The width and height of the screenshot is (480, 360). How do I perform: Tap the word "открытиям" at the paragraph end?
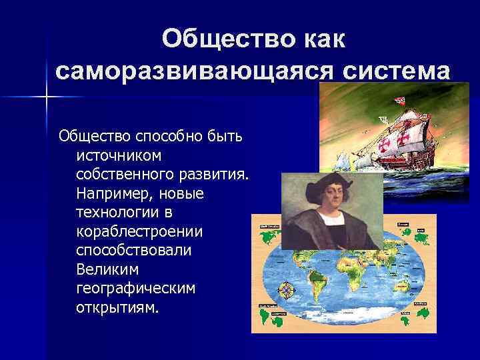pos(118,309)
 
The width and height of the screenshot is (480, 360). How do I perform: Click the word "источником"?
pos(119,155)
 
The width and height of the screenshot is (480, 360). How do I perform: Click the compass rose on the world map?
pos(287,291)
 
